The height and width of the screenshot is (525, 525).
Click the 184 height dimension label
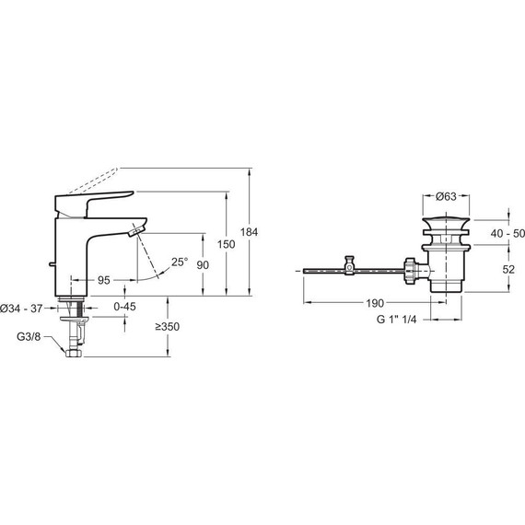click(x=249, y=232)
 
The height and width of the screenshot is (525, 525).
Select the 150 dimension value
click(x=227, y=244)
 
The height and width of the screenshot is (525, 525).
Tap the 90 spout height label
click(x=203, y=265)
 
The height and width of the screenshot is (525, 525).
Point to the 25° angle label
click(x=180, y=262)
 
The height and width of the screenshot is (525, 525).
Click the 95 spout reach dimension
click(x=104, y=280)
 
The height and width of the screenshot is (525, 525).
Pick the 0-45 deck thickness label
click(x=125, y=307)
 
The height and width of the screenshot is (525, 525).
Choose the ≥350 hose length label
click(x=168, y=326)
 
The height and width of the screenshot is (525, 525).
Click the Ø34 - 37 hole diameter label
click(x=22, y=309)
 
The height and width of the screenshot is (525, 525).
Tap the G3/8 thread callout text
click(x=29, y=336)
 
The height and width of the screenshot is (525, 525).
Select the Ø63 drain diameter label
click(x=446, y=196)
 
